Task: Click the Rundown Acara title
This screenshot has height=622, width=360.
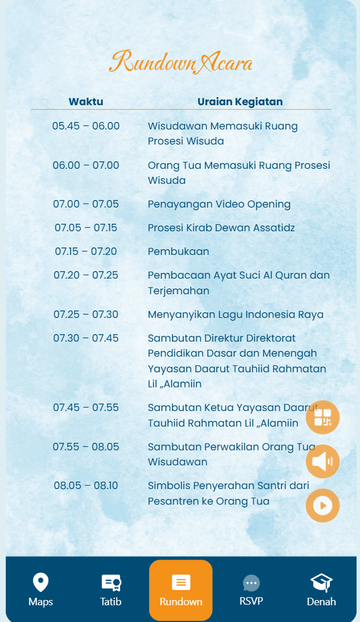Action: click(181, 62)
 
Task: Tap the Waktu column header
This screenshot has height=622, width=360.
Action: click(86, 102)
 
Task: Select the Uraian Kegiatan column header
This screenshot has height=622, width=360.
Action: click(240, 102)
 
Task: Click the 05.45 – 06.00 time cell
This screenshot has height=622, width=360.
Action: click(86, 126)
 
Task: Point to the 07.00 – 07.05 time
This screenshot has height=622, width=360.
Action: click(86, 204)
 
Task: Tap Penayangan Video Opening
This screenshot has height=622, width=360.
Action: click(219, 204)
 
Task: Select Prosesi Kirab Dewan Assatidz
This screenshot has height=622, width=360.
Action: click(221, 228)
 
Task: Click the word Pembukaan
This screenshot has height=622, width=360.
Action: click(178, 251)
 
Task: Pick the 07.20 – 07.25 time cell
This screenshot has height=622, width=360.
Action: click(86, 275)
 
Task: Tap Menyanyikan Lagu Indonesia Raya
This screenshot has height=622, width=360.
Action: click(236, 314)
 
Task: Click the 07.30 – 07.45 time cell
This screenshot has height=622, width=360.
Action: click(86, 338)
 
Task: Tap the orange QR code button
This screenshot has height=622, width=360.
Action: click(322, 417)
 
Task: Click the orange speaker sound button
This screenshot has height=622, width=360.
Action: click(322, 461)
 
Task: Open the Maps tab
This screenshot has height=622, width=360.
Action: click(40, 590)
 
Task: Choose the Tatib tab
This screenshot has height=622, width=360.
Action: click(110, 590)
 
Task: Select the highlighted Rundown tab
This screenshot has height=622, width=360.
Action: click(181, 590)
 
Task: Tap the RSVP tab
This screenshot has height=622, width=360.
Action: click(251, 590)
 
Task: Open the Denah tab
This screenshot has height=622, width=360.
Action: click(321, 590)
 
